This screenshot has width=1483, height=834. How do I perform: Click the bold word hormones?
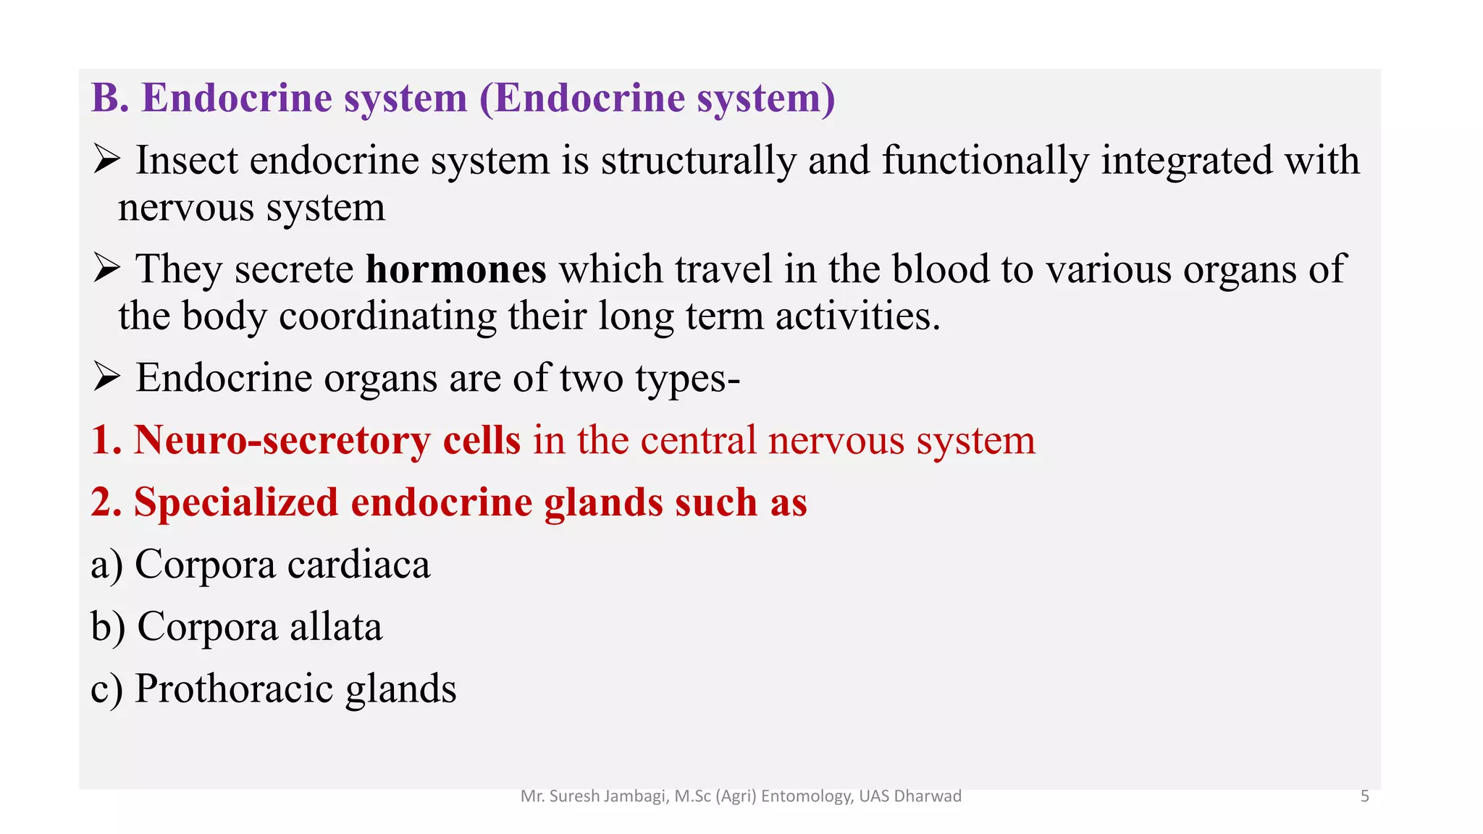click(x=455, y=269)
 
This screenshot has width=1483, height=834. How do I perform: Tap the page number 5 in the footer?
click(x=1364, y=796)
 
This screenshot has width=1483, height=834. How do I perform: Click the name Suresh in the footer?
click(x=574, y=796)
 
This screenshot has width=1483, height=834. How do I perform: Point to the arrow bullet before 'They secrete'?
click(x=106, y=269)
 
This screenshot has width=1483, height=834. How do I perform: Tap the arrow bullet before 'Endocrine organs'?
click(x=106, y=377)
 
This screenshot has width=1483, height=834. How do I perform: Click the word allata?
click(x=336, y=627)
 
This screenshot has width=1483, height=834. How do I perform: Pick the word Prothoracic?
click(x=234, y=688)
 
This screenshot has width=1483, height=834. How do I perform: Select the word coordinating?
click(x=387, y=316)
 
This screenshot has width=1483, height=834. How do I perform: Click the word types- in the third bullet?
click(x=687, y=379)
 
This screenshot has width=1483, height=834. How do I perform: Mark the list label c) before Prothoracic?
click(x=106, y=689)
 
